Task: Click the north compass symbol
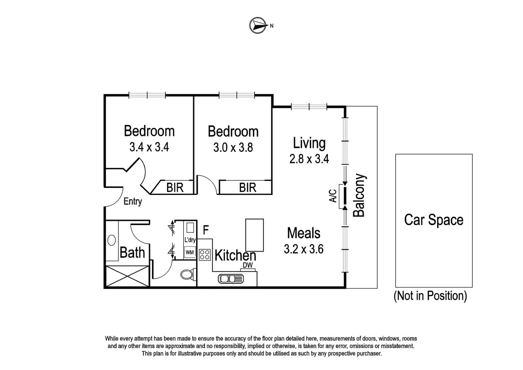258,25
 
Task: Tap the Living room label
309,143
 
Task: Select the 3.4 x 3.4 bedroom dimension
149,147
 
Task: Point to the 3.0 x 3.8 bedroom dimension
233,148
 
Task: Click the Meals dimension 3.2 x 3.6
304,249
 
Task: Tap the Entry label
132,201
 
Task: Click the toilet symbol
187,274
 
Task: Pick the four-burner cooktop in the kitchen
205,255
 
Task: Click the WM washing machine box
190,252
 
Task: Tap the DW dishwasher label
248,265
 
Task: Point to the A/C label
333,196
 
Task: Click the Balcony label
359,196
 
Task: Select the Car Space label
434,220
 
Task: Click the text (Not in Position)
430,296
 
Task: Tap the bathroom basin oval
112,240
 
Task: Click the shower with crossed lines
127,276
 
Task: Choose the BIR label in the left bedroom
175,188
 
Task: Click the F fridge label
206,230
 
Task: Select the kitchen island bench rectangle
255,235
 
